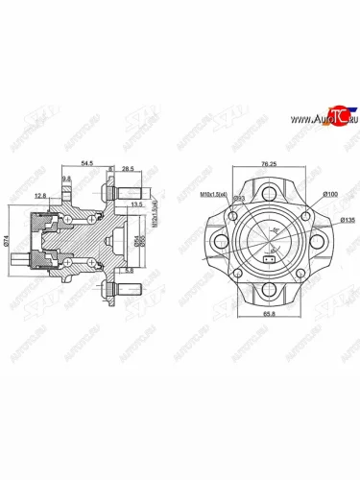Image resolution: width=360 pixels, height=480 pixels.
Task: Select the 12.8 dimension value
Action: point(39,196)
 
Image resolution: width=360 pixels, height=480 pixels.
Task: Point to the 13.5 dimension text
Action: point(136,204)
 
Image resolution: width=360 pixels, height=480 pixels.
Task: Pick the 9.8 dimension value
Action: point(66,179)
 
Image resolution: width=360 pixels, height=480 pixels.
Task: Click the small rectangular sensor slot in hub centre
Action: point(269,256)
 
